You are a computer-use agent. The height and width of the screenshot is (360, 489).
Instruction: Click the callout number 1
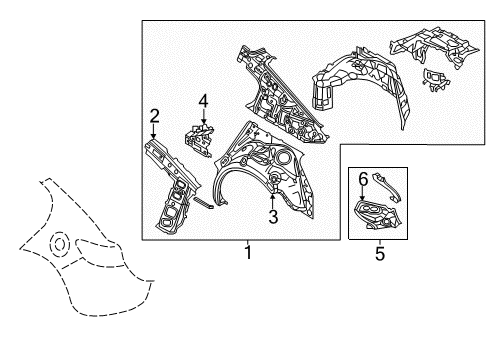point(248,253)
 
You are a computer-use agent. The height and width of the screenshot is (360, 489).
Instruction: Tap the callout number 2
point(154,116)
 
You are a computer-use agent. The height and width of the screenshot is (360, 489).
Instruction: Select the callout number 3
point(273,217)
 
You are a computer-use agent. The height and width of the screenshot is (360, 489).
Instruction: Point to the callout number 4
point(203,101)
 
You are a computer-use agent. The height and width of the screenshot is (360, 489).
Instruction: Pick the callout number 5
point(380,254)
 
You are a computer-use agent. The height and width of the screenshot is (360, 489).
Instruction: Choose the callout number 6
point(363,179)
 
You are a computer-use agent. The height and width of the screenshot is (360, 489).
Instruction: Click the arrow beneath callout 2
point(153,131)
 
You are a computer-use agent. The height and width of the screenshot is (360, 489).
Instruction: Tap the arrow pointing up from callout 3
point(273,201)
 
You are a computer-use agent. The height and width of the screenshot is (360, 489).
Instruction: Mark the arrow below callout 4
point(204,116)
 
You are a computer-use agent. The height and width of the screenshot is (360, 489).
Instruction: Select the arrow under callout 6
point(363,193)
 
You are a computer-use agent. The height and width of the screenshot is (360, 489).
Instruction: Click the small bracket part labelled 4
point(200,138)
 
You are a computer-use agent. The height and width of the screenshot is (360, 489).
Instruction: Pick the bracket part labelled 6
point(378,215)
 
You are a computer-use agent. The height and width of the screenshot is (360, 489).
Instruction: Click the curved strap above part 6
point(388,186)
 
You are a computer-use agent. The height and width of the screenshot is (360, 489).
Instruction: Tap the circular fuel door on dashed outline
point(60,245)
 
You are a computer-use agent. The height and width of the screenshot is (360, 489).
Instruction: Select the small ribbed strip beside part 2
point(203,202)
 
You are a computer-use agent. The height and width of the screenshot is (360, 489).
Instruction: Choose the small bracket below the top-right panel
point(435,80)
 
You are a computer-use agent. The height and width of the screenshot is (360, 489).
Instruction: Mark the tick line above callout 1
point(248,242)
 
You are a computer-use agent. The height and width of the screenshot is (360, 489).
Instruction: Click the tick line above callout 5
point(380,243)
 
